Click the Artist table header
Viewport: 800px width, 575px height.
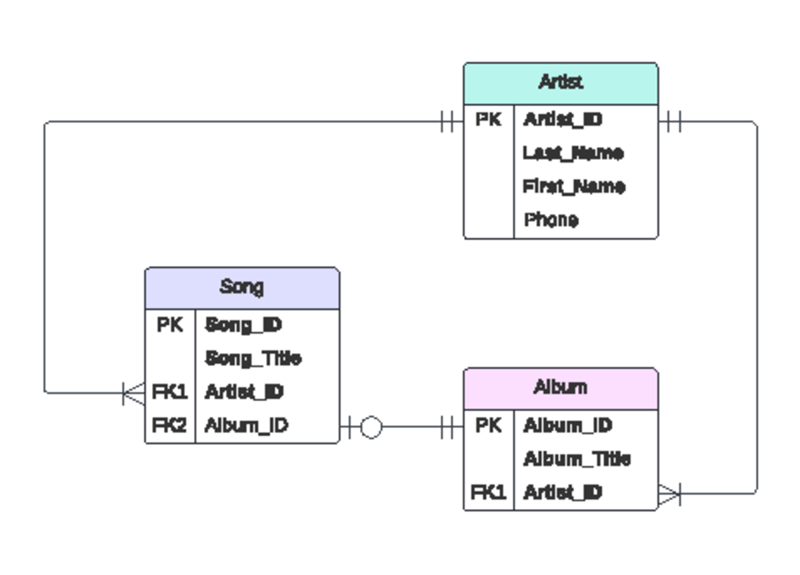tap(561, 83)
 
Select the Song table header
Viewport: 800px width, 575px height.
tap(242, 287)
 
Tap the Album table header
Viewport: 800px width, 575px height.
tap(561, 387)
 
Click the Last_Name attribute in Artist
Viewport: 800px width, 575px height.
tap(573, 153)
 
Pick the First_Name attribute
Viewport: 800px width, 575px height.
tap(574, 187)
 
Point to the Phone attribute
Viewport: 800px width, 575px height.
tap(551, 220)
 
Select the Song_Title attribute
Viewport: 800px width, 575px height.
tap(253, 358)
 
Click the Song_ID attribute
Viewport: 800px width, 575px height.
tap(244, 325)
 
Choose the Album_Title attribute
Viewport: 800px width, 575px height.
tap(577, 459)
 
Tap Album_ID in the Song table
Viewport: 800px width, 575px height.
tap(247, 425)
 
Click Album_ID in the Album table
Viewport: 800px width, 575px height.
tap(568, 425)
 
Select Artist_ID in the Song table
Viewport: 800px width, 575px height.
tap(245, 392)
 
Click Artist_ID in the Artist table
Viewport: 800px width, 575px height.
tap(563, 120)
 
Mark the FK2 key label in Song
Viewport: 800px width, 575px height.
tap(170, 425)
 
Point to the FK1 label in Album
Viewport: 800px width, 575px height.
tap(489, 492)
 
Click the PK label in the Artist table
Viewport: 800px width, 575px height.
tap(489, 120)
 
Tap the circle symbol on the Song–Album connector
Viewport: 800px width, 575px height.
tap(371, 427)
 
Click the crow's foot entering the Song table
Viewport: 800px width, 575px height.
tap(134, 393)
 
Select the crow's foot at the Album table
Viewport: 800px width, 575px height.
tap(669, 494)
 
